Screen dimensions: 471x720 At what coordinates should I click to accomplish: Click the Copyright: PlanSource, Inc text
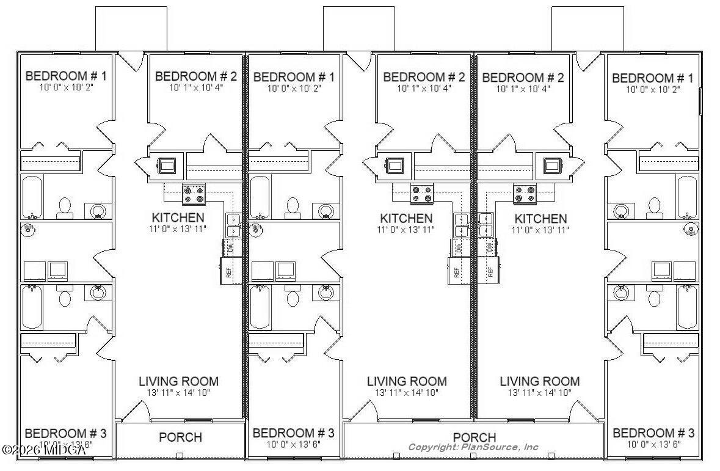pyautogui.click(x=473, y=447)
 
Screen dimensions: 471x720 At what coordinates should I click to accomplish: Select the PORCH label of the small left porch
pyautogui.click(x=180, y=437)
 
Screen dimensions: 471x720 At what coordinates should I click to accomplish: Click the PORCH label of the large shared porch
pyautogui.click(x=474, y=437)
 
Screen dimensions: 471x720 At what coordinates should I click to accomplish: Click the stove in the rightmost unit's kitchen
pyautogui.click(x=525, y=194)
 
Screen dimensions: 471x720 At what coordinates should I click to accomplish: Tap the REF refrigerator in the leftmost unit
pyautogui.click(x=228, y=270)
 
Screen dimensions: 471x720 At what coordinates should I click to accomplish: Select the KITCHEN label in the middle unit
pyautogui.click(x=406, y=218)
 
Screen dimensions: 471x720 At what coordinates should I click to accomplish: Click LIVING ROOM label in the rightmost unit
pyautogui.click(x=539, y=381)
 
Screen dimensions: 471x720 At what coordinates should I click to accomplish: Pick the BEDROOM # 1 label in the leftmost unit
pyautogui.click(x=66, y=76)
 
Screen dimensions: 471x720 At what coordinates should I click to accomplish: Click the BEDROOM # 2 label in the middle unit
pyautogui.click(x=424, y=77)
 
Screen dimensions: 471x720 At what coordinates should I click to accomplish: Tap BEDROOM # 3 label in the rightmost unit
pyautogui.click(x=653, y=433)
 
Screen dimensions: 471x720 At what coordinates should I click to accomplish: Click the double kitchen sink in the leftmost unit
pyautogui.click(x=233, y=225)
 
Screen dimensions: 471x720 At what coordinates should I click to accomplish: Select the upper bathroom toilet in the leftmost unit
pyautogui.click(x=65, y=208)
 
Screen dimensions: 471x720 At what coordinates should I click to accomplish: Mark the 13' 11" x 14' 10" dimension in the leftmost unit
pyautogui.click(x=178, y=393)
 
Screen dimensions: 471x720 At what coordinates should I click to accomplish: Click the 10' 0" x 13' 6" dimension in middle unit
pyautogui.click(x=294, y=444)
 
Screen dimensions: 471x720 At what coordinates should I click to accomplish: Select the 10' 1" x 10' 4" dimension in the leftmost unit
pyautogui.click(x=195, y=87)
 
